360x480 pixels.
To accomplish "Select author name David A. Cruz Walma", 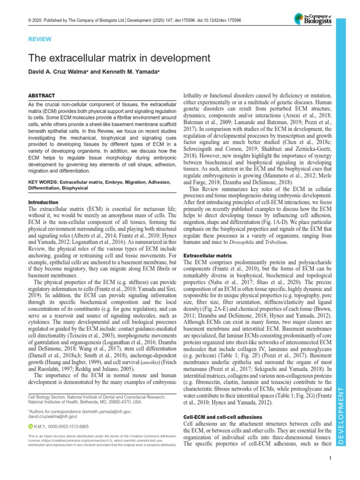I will tap(58, 73).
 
